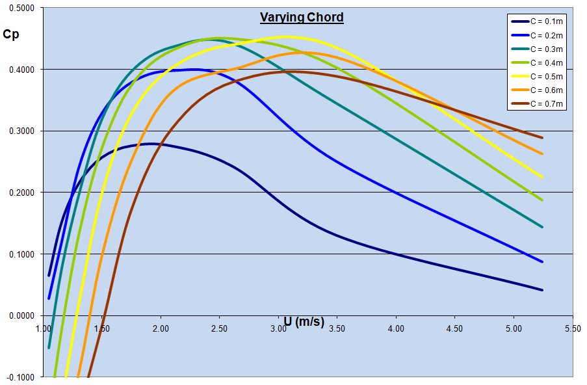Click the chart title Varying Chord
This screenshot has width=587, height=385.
(x=302, y=18)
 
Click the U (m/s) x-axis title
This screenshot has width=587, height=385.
(x=304, y=321)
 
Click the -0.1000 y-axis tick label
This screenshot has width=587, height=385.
(x=23, y=377)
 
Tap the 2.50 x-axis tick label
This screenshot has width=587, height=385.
(x=220, y=329)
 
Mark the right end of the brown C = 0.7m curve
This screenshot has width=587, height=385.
(x=542, y=138)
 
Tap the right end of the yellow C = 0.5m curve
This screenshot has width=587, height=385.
(x=542, y=178)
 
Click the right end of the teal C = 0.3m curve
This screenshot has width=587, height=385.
(x=542, y=227)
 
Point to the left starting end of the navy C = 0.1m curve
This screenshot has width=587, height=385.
(x=49, y=275)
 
